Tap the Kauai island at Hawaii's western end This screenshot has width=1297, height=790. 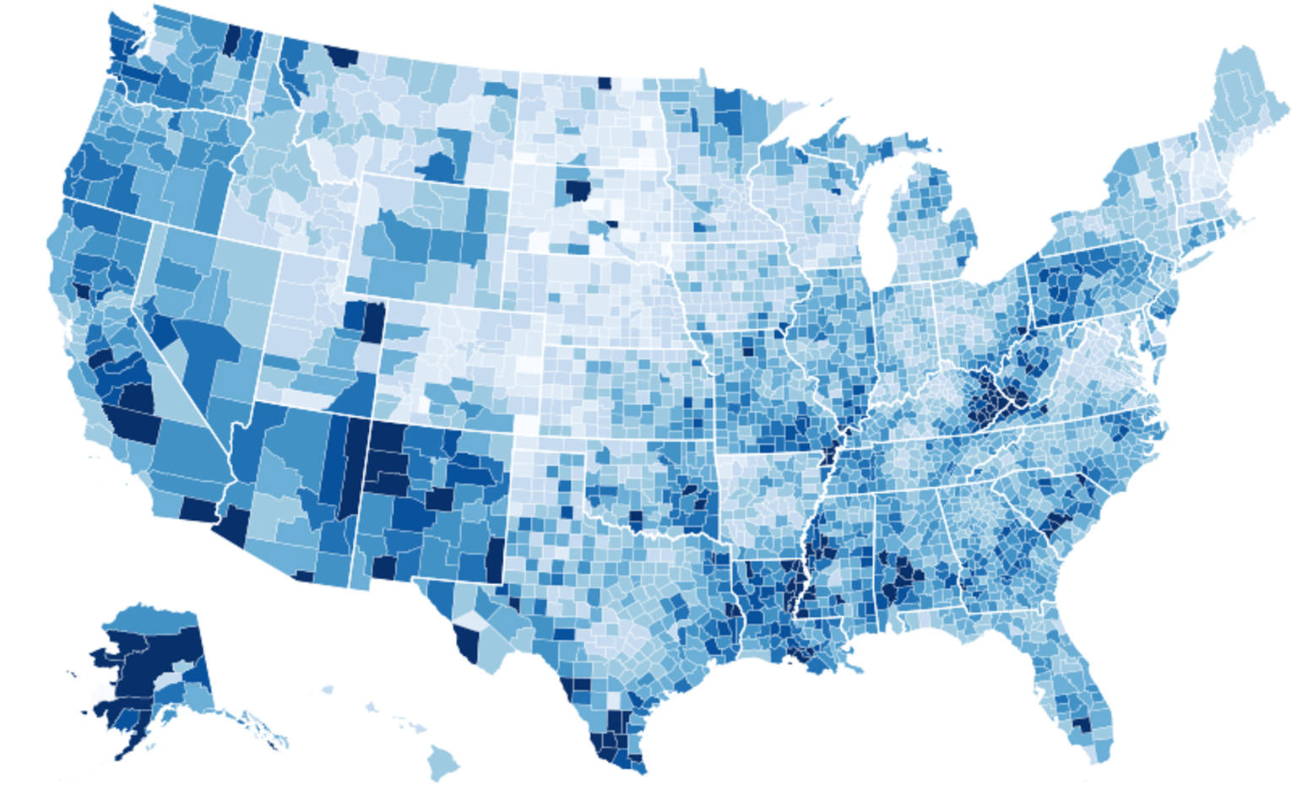(x=327, y=690)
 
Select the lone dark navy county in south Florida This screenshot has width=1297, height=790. (x=1081, y=724)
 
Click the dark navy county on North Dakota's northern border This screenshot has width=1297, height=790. (x=604, y=83)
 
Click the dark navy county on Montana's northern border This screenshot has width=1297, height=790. (x=343, y=57)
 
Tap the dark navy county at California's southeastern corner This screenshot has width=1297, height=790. (x=198, y=510)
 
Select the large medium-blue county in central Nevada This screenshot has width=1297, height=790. (x=203, y=354)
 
